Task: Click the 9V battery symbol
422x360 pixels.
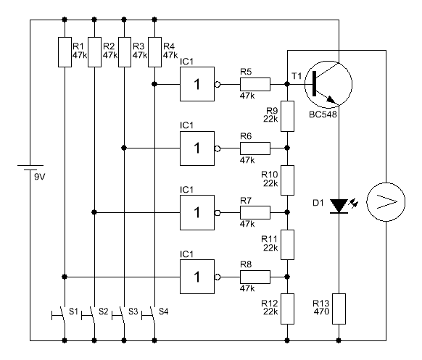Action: (x=30, y=168)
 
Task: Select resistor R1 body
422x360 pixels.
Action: (x=65, y=52)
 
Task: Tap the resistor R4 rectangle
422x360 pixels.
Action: (x=154, y=52)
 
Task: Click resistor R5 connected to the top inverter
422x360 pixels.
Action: (x=255, y=85)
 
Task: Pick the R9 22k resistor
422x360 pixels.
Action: (x=287, y=116)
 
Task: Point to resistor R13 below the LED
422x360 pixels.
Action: (x=339, y=309)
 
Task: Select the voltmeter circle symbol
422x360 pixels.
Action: (x=386, y=202)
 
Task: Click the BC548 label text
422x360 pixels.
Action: (x=323, y=114)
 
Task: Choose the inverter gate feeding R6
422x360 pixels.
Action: (x=197, y=148)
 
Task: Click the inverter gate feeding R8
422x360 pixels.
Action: (x=197, y=277)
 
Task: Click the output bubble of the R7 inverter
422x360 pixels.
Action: (x=218, y=213)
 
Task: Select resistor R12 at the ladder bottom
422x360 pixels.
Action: (x=287, y=309)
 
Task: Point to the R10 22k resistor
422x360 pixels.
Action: (x=287, y=180)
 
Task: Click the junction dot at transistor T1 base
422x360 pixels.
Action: (x=287, y=84)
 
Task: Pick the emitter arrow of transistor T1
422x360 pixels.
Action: (x=331, y=100)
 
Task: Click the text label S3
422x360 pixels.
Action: (x=133, y=311)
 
